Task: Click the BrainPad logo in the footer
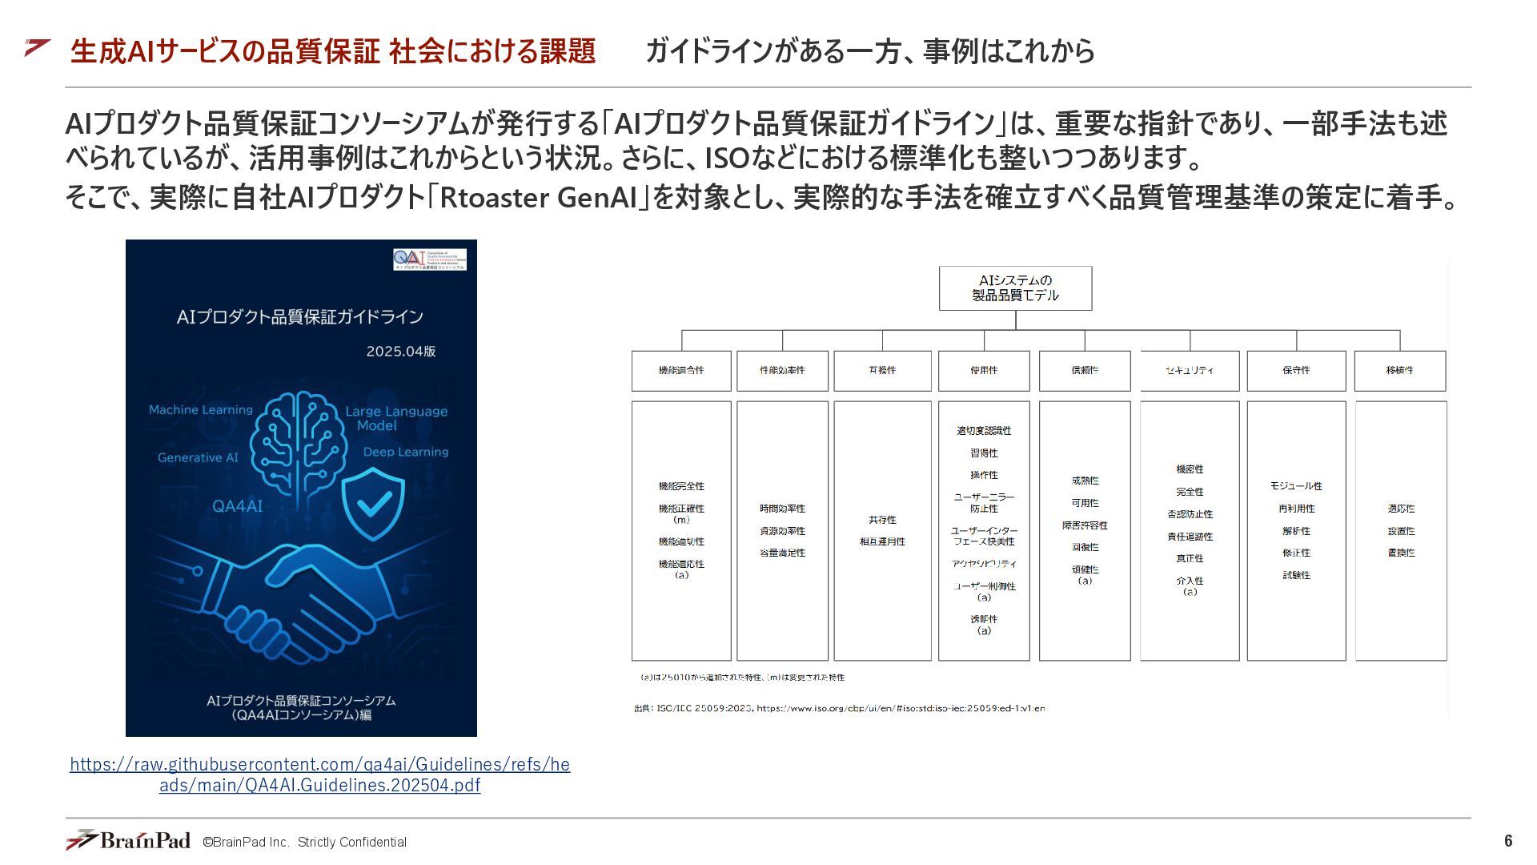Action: click(x=128, y=840)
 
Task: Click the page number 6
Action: click(x=1508, y=841)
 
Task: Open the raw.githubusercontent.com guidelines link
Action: click(x=319, y=774)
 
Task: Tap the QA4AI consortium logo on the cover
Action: click(x=429, y=259)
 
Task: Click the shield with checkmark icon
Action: click(x=373, y=501)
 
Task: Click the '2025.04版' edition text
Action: click(x=400, y=352)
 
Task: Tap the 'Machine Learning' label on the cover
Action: click(x=200, y=410)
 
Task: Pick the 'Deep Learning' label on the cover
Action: click(x=405, y=453)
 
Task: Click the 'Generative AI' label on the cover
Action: click(x=198, y=458)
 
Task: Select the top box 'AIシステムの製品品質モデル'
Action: click(x=1015, y=288)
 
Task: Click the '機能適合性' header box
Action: click(x=681, y=371)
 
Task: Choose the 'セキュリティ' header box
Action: click(x=1190, y=371)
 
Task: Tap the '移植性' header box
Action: click(x=1399, y=371)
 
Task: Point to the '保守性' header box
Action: click(x=1296, y=371)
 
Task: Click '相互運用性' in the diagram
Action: click(x=882, y=542)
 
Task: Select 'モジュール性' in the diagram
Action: click(x=1296, y=486)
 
